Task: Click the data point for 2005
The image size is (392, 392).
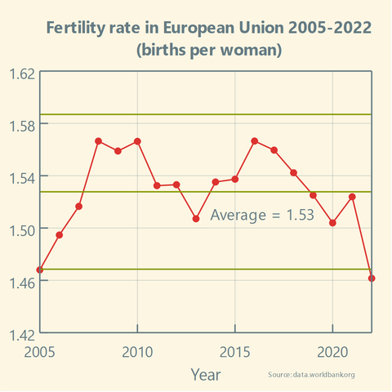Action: click(x=39, y=269)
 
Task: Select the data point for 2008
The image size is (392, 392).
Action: click(x=98, y=141)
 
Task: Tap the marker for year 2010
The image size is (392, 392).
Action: click(x=137, y=141)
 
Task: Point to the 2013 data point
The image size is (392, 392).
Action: click(x=196, y=219)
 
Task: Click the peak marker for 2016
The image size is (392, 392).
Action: click(x=255, y=141)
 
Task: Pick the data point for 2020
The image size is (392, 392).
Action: click(x=332, y=223)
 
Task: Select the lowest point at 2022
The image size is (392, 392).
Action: click(x=372, y=278)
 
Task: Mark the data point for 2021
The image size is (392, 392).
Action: click(x=352, y=197)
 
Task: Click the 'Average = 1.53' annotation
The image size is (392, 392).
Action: click(x=262, y=216)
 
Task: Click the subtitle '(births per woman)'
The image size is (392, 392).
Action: click(x=209, y=51)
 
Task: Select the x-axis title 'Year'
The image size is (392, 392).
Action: click(x=205, y=374)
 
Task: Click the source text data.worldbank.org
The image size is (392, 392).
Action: click(x=311, y=374)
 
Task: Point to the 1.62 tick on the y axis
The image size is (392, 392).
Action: click(x=21, y=73)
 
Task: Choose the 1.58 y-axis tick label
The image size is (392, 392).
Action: click(x=21, y=124)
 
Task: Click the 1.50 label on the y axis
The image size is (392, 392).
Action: click(x=21, y=229)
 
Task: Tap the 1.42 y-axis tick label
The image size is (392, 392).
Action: click(x=21, y=333)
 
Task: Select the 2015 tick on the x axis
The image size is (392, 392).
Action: click(x=235, y=351)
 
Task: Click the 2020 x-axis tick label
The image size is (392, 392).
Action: click(x=332, y=351)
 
